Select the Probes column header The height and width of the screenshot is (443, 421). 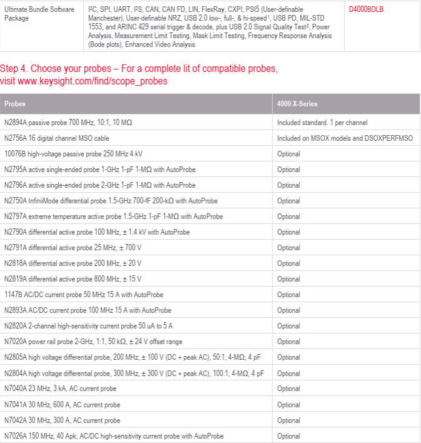pos(15,104)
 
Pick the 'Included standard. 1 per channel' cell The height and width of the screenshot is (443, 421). pos(322,123)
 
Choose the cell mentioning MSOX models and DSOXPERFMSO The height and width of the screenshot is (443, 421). pos(345,138)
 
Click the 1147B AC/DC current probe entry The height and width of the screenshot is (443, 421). pos(84,295)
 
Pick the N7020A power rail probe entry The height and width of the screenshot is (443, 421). pos(92,342)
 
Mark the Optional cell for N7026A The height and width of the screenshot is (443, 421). pos(289,436)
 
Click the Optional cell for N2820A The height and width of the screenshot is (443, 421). pos(289,326)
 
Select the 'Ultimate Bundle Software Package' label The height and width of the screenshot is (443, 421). pos(39,14)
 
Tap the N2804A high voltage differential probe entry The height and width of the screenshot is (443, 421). pos(134,374)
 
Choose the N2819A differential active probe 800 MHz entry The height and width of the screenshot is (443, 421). pos(72,279)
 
